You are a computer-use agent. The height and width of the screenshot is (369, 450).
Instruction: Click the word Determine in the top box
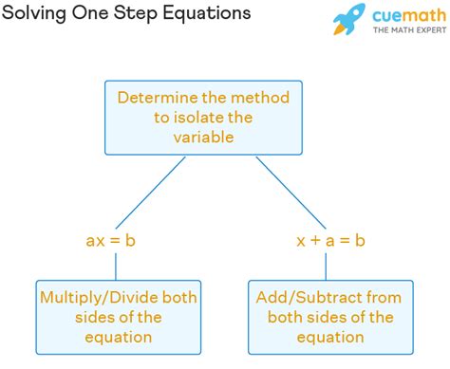click(x=158, y=98)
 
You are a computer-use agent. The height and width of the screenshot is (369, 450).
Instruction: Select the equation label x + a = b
click(x=329, y=241)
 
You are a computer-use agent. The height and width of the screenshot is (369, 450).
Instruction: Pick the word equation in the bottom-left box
click(x=119, y=337)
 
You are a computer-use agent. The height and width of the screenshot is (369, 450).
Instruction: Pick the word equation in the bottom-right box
click(x=330, y=337)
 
